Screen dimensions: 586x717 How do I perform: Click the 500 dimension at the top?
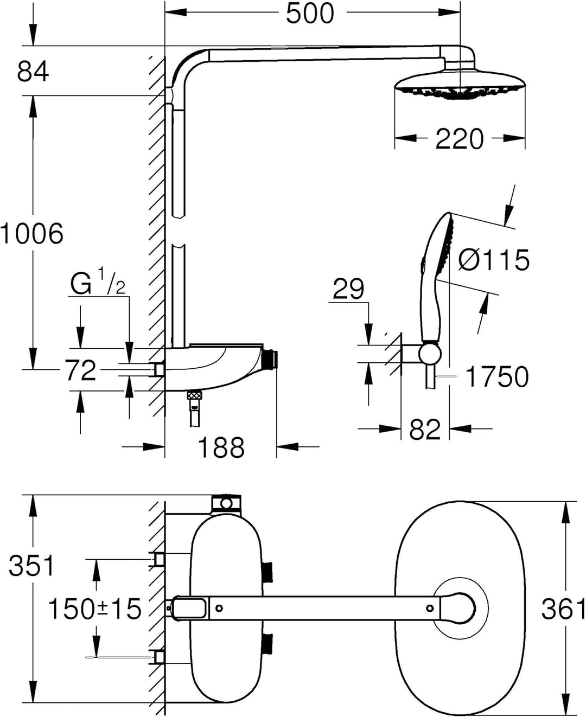[x=310, y=14]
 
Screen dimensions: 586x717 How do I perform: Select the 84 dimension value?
[x=33, y=72]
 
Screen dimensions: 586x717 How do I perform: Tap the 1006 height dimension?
[x=31, y=234]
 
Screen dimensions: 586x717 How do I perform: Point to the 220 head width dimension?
[x=459, y=139]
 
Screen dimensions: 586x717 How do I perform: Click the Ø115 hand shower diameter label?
[x=494, y=260]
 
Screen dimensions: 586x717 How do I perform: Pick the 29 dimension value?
[x=348, y=289]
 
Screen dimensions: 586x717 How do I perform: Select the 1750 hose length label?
[x=497, y=377]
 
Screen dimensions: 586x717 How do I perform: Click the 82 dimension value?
[x=425, y=430]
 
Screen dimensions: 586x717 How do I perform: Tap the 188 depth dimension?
[x=221, y=447]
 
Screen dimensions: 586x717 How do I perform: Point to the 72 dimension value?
[x=81, y=370]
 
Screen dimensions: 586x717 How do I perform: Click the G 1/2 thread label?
[x=98, y=281]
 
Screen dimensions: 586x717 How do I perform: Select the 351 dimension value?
[x=31, y=566]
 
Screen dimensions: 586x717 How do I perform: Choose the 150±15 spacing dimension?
[x=94, y=609]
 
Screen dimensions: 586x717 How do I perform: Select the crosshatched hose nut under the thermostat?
[x=195, y=395]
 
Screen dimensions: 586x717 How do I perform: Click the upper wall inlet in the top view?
[x=159, y=559]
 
